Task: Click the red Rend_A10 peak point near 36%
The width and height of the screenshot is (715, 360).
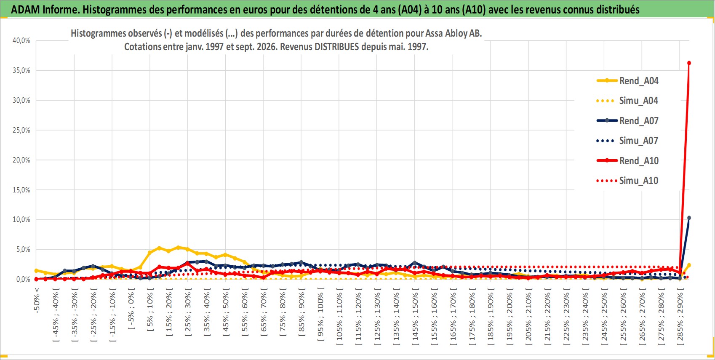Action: (x=689, y=63)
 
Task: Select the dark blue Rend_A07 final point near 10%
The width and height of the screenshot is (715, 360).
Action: (x=689, y=218)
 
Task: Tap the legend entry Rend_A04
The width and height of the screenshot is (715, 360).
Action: (x=627, y=81)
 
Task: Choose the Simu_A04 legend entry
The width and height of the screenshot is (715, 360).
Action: (x=627, y=101)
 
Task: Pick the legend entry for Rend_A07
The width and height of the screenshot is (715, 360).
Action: (x=627, y=121)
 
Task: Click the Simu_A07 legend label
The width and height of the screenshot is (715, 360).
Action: (x=639, y=141)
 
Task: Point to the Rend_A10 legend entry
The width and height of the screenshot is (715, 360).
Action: (x=627, y=160)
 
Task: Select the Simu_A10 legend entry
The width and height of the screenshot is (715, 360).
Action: (x=627, y=181)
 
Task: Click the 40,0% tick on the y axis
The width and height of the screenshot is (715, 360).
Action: (x=21, y=40)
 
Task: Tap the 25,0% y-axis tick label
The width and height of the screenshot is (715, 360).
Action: (x=21, y=130)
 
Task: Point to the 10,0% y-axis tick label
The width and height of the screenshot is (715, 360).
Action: (x=21, y=219)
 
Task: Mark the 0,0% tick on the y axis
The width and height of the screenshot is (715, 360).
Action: (x=23, y=279)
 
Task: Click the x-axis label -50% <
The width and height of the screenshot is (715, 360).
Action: (x=37, y=300)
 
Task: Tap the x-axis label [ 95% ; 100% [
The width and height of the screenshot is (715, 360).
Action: (x=320, y=315)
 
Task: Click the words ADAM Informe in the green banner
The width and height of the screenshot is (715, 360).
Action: (x=44, y=10)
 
